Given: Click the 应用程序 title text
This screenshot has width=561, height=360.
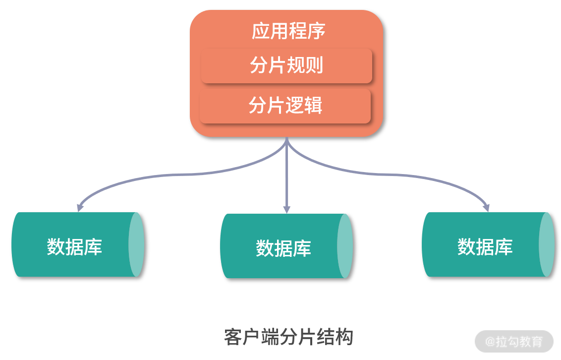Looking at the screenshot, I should pos(288,31).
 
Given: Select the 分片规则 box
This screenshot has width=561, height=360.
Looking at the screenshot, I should pos(286,65).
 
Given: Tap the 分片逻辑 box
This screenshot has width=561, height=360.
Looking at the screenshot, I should pos(285,106).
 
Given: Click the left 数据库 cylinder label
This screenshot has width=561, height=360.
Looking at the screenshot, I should pos(74,246).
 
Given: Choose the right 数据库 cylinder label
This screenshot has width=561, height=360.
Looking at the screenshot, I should pos(485,246).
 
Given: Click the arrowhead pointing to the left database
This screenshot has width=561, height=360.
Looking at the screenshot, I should pos(80,208).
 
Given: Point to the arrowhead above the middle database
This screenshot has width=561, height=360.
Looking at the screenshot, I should pos(286,210).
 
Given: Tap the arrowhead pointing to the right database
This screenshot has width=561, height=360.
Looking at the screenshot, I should pos(487,208).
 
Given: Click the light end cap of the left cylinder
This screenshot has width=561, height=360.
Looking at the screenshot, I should pos(136,244).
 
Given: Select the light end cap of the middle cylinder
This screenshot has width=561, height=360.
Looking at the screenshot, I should pos(345,246).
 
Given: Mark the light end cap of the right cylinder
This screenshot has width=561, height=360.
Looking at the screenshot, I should pos(547,244).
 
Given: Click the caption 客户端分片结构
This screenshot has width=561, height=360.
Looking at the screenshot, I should pos(288,337).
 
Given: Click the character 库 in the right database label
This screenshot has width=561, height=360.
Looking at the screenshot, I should pos(504,246).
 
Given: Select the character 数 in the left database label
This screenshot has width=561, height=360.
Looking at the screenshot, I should pos(56,246).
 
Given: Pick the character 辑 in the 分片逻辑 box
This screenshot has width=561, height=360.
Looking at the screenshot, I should pos(313,106).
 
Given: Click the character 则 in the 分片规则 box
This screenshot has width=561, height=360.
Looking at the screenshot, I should pos(314,65).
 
